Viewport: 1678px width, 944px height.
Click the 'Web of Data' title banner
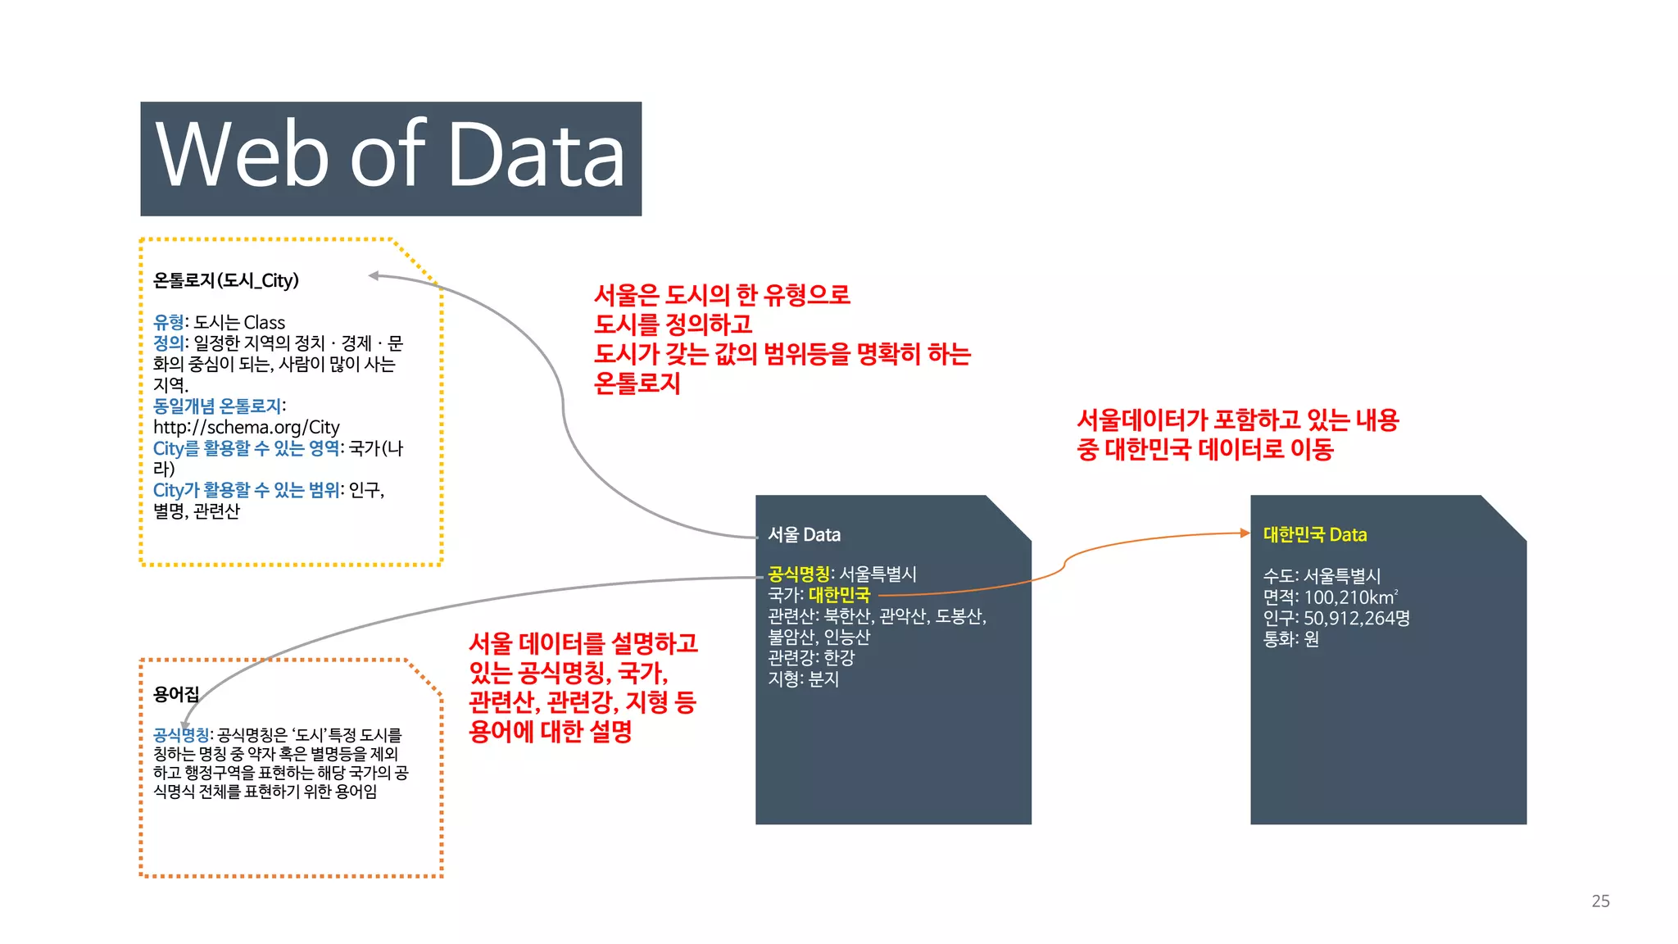[x=391, y=158]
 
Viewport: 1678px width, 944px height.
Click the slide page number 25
[x=1600, y=901]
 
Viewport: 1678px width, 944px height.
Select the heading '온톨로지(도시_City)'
[x=226, y=280]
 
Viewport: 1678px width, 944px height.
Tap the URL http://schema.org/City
[x=246, y=427]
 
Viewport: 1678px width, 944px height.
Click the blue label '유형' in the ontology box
[x=168, y=322]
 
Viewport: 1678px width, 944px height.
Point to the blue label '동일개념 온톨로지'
[x=217, y=406]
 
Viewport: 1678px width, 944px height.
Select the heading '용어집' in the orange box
[x=176, y=695]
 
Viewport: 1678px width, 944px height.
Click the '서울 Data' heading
[x=804, y=534]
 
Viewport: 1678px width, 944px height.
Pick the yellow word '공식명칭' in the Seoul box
[x=799, y=574]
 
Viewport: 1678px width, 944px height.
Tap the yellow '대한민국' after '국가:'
[x=839, y=595]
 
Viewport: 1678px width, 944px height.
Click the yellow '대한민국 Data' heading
[x=1314, y=534]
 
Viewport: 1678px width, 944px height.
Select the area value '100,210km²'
[x=1351, y=597]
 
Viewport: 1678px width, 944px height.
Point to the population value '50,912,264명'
[x=1356, y=618]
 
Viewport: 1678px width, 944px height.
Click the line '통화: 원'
[x=1290, y=639]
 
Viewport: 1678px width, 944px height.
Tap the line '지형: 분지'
[x=803, y=678]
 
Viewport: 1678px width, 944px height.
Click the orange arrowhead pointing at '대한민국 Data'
[x=1245, y=533]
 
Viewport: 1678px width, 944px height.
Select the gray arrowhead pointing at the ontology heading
[x=374, y=275]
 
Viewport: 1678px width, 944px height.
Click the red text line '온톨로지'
[x=637, y=383]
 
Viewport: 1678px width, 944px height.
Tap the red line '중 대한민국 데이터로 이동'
[x=1204, y=449]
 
